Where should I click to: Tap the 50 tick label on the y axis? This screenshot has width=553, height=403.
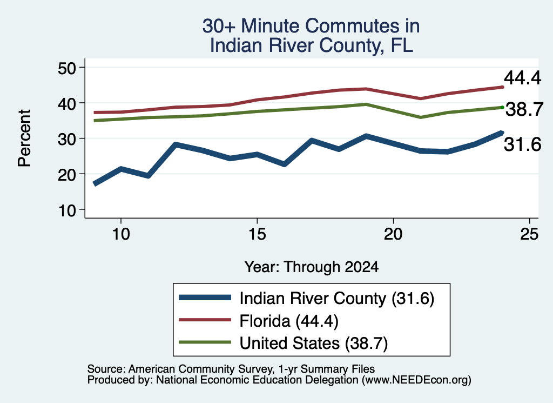click(67, 68)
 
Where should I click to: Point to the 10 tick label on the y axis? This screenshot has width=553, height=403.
click(67, 210)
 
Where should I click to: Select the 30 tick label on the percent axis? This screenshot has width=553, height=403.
click(67, 139)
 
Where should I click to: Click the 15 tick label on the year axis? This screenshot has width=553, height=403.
click(257, 234)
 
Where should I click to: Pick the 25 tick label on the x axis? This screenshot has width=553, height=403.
click(529, 234)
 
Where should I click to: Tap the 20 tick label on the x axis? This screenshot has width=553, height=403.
click(393, 234)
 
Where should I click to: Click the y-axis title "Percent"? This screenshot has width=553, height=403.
click(24, 138)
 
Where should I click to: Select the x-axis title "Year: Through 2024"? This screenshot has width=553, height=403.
click(312, 267)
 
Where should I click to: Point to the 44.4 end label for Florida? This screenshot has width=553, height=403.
click(522, 78)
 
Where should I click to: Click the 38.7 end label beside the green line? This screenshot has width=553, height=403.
click(524, 109)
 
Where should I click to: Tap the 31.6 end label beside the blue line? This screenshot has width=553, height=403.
click(522, 144)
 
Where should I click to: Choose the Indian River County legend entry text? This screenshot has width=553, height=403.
click(337, 299)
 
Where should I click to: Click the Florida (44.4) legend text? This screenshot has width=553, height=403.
click(289, 321)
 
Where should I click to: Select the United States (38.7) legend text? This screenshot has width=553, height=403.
click(314, 343)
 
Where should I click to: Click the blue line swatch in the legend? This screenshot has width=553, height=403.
click(205, 298)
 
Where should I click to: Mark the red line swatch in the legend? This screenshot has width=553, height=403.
click(205, 320)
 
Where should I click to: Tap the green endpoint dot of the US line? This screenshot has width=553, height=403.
click(502, 107)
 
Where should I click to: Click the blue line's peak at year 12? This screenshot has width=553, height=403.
click(176, 144)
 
